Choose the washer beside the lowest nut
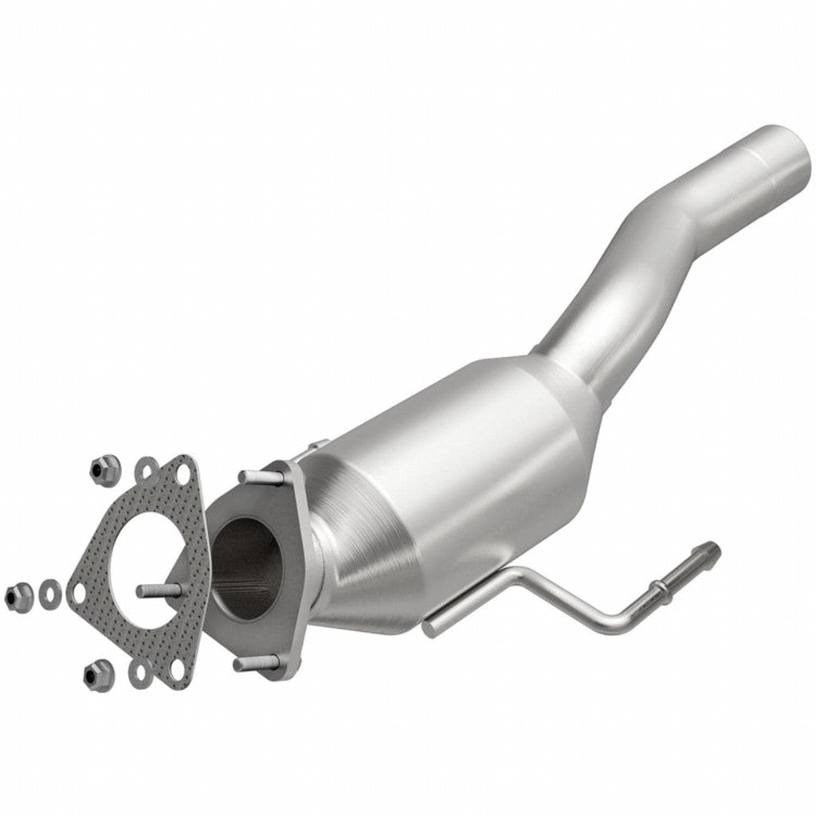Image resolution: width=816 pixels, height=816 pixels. [142, 673]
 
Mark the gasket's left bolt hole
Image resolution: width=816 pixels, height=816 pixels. [78, 593]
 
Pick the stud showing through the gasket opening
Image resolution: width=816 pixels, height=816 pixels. [159, 590]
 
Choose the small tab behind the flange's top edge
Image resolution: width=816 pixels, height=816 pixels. [317, 445]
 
